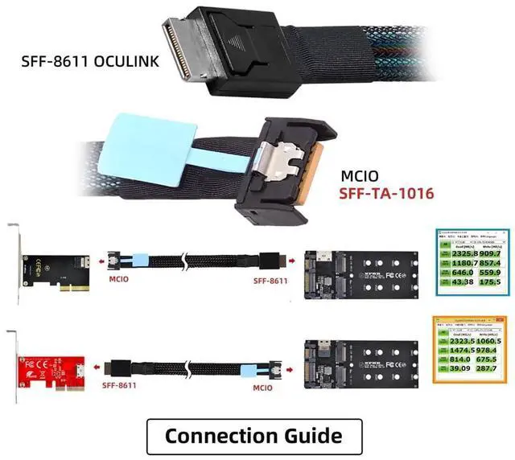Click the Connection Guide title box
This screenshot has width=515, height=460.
pyautogui.click(x=253, y=436)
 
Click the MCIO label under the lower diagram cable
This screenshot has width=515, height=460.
pyautogui.click(x=265, y=384)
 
